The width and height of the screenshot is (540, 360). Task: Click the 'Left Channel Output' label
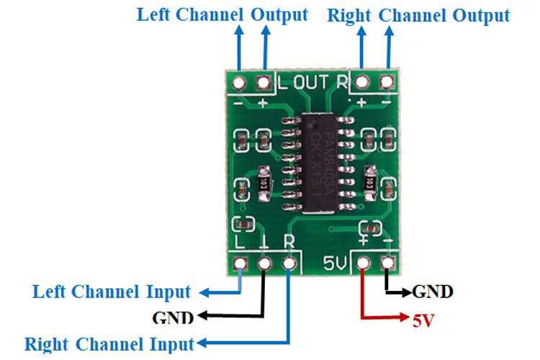222,15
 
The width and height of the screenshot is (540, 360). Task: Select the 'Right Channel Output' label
418,16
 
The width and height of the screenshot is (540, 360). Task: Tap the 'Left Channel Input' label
112,292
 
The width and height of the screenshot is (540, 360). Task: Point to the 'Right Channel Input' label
109,343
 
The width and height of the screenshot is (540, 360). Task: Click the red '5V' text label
423,319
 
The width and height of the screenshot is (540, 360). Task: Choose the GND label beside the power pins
432,292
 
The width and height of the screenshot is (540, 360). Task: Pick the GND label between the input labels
173,317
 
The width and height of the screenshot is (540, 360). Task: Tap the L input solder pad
240,264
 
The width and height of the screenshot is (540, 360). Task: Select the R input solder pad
290,264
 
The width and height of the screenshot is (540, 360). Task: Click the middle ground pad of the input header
265,264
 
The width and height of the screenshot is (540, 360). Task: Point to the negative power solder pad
390,264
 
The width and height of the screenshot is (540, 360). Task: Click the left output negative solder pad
238,83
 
